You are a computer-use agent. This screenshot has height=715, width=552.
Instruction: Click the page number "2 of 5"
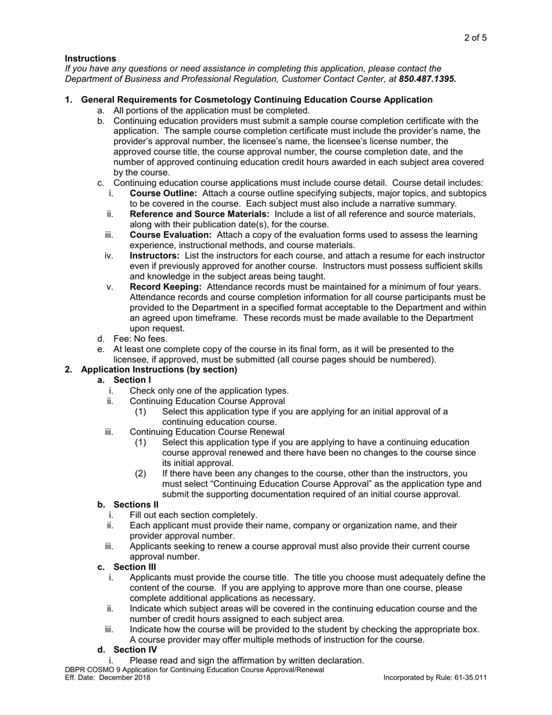pyautogui.click(x=475, y=38)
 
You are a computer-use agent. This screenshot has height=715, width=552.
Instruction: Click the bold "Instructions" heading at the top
pyautogui.click(x=90, y=58)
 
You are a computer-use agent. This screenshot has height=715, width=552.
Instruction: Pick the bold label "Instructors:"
pyautogui.click(x=154, y=256)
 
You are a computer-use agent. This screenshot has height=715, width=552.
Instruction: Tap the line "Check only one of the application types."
pyautogui.click(x=209, y=391)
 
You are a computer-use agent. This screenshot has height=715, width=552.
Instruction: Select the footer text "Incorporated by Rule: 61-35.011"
pyautogui.click(x=435, y=678)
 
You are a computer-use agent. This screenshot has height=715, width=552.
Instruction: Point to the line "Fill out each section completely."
pyautogui.click(x=193, y=515)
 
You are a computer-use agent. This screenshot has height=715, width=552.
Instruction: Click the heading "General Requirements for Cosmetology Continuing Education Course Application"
pyautogui.click(x=256, y=99)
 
